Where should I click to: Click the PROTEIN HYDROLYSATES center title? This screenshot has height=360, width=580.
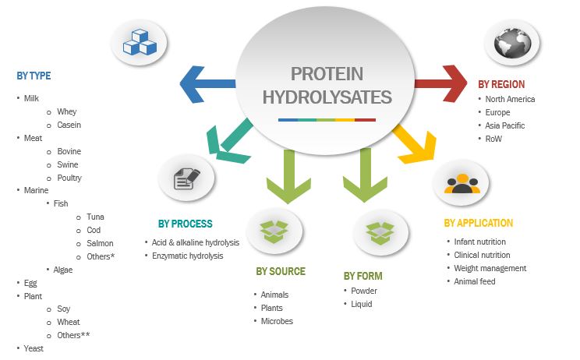click(327, 86)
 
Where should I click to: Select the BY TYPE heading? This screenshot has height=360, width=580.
click(34, 76)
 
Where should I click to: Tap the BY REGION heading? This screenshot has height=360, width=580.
click(501, 84)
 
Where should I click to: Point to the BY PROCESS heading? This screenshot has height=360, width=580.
click(185, 224)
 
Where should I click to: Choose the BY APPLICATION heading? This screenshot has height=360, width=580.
click(479, 223)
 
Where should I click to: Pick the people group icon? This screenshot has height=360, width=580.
click(462, 183)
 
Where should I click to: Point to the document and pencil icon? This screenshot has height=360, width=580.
click(186, 178)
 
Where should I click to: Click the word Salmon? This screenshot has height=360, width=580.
click(99, 243)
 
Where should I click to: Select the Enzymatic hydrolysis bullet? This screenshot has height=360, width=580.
click(186, 256)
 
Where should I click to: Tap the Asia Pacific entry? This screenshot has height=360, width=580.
click(504, 125)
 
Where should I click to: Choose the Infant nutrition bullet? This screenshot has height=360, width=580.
click(480, 242)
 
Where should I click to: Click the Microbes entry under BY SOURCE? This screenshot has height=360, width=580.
click(277, 321)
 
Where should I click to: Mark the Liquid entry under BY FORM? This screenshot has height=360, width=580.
click(362, 304)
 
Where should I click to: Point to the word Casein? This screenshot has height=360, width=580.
click(69, 125)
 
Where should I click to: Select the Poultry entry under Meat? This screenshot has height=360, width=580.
click(69, 178)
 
